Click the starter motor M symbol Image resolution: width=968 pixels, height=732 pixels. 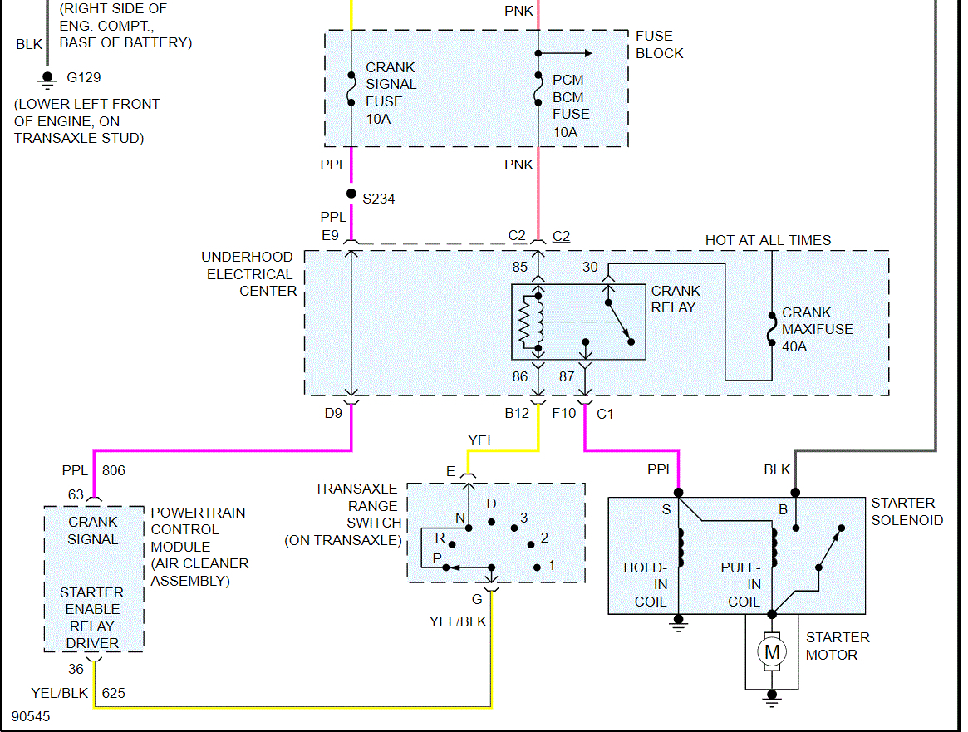click(x=773, y=651)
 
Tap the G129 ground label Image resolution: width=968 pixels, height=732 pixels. click(x=84, y=78)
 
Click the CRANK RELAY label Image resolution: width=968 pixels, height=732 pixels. click(x=676, y=299)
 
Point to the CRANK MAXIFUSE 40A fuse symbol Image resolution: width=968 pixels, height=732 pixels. click(x=772, y=329)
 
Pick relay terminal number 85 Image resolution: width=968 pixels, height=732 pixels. click(x=520, y=268)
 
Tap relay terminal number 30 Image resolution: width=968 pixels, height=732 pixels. click(x=590, y=268)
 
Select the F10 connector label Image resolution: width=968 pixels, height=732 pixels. click(x=564, y=412)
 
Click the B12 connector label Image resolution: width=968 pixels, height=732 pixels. click(x=518, y=412)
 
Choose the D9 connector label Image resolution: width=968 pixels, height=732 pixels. click(x=333, y=412)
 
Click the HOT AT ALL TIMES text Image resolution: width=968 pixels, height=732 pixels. click(x=768, y=241)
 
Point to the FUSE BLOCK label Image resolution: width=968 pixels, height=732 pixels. click(x=659, y=45)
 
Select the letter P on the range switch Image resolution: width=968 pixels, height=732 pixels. click(x=436, y=558)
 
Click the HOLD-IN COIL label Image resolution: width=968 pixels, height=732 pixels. click(x=646, y=585)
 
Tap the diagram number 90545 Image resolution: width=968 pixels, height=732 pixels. click(x=31, y=715)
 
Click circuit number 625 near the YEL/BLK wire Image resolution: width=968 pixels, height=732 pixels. click(x=113, y=692)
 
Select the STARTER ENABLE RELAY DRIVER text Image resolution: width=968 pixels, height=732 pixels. click(x=92, y=617)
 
